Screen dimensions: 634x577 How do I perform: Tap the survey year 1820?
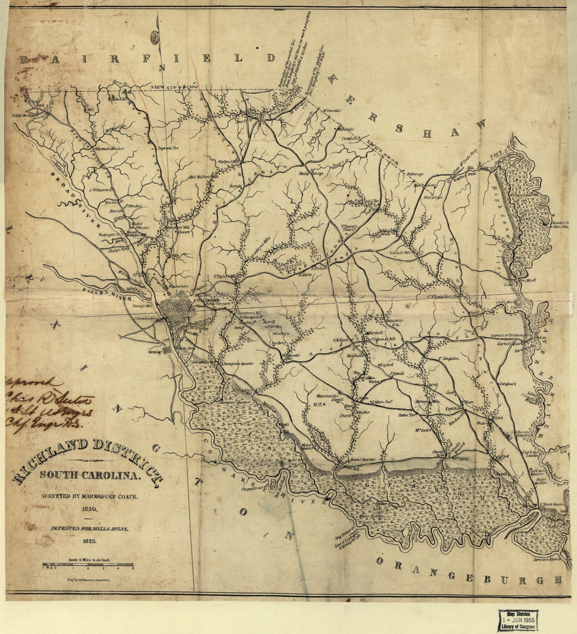click(x=89, y=508)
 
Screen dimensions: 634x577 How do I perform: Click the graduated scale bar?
click(x=88, y=565)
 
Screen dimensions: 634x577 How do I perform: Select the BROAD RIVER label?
click(x=73, y=199)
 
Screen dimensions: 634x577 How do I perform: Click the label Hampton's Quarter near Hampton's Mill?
click(x=236, y=363)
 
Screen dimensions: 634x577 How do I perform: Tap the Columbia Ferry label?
click(x=145, y=319)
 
